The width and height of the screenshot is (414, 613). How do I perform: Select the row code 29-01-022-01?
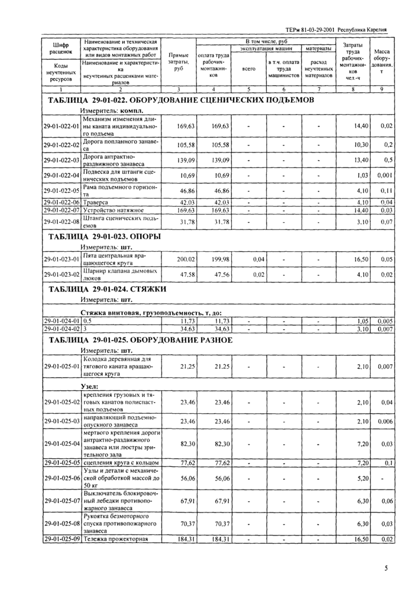tap(62, 126)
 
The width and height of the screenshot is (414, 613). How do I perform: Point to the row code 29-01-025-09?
tap(62, 539)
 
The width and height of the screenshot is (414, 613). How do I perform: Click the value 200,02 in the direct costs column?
tap(185, 259)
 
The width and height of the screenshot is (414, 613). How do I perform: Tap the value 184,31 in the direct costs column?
tap(185, 539)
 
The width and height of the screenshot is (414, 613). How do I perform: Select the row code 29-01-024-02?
tap(62, 328)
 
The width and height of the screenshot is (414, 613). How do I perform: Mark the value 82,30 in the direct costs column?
tap(185, 443)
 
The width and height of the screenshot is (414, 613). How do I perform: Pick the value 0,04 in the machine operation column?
tap(258, 259)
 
